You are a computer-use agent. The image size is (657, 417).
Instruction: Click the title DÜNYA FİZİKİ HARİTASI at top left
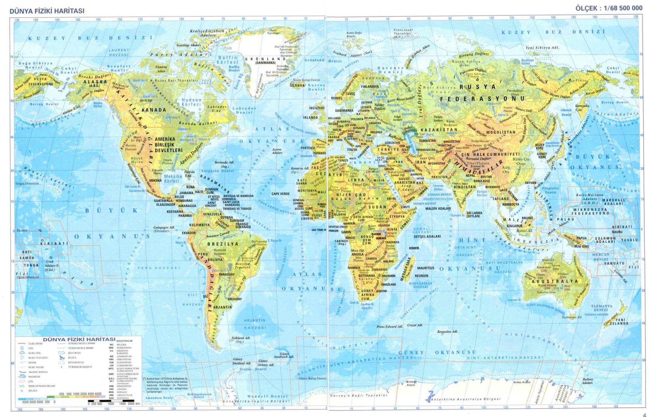[x=47, y=11]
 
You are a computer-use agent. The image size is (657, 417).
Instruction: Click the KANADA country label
[x=154, y=110]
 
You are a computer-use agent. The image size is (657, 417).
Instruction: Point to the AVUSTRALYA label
[x=555, y=281]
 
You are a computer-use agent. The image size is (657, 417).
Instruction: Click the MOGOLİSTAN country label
[x=501, y=132]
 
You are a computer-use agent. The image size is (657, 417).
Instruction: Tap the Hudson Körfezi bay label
[x=191, y=102]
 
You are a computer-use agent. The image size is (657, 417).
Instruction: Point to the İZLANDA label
[x=297, y=85]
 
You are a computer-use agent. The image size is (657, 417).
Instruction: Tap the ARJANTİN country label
[x=222, y=307]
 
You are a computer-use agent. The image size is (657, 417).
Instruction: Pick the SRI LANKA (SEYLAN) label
[x=474, y=215]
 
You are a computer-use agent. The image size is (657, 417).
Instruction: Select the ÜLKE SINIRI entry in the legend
[x=34, y=344]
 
